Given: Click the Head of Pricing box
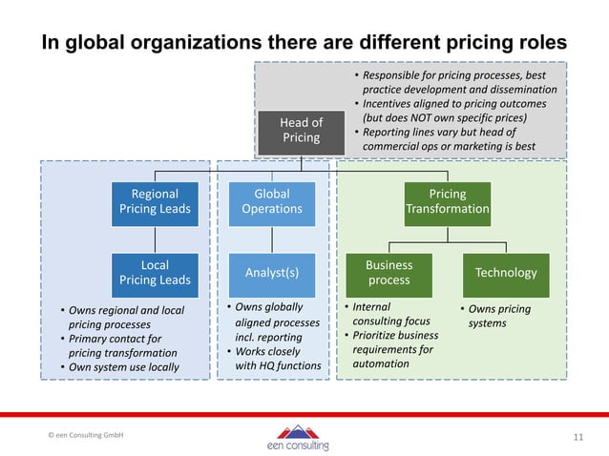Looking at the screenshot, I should click(301, 130).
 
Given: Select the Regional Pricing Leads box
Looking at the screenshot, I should click(155, 201).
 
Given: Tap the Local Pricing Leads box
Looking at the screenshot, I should click(155, 272).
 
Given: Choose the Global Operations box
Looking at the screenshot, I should click(272, 201).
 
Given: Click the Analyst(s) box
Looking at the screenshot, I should click(272, 272).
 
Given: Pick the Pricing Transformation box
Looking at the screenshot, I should click(448, 201).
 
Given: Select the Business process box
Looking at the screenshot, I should click(389, 272).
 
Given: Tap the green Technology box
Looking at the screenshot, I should click(506, 272).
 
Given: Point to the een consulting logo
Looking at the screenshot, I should click(298, 437).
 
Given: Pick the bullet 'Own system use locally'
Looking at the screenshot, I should click(118, 367).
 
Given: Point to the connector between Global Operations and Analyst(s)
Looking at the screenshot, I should click(272, 239).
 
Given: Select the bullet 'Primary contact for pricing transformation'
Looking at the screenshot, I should click(115, 345).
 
